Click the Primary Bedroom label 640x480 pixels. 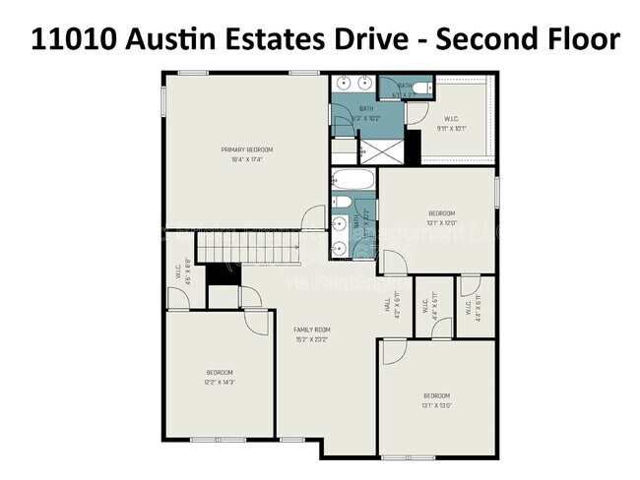(246, 150)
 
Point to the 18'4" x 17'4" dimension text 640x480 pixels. (246, 159)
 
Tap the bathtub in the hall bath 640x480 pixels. (352, 181)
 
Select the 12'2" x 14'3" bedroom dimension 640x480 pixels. (220, 382)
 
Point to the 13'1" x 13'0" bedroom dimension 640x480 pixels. (435, 404)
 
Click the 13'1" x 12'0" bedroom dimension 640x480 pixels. (441, 222)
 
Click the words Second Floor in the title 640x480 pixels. (529, 39)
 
